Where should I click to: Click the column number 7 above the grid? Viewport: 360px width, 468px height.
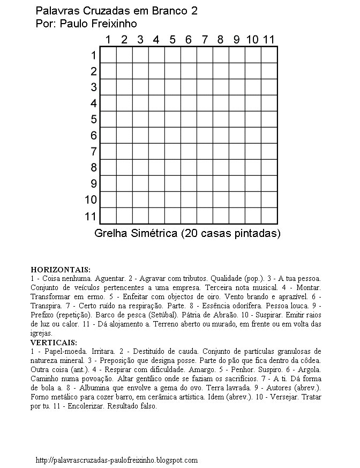pyautogui.click(x=204, y=39)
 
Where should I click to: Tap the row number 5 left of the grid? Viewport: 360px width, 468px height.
pyautogui.click(x=94, y=120)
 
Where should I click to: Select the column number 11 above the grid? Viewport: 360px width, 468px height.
pyautogui.click(x=268, y=39)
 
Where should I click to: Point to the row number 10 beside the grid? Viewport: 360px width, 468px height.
pyautogui.click(x=91, y=200)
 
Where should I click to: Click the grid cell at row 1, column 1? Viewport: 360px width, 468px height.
pyautogui.click(x=108, y=55)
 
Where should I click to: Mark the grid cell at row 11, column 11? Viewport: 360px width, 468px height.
pyautogui.click(x=269, y=216)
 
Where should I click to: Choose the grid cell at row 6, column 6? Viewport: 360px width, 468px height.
pyautogui.click(x=189, y=136)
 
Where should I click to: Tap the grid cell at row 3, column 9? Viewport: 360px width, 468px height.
pyautogui.click(x=237, y=87)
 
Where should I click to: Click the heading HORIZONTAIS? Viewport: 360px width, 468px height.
pyautogui.click(x=61, y=269)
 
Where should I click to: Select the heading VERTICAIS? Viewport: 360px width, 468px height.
pyautogui.click(x=54, y=342)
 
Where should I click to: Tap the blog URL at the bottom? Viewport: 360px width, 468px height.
pyautogui.click(x=116, y=460)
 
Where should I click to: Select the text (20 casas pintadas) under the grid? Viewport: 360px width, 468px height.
pyautogui.click(x=231, y=234)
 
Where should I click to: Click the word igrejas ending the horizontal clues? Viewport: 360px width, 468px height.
pyautogui.click(x=41, y=333)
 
